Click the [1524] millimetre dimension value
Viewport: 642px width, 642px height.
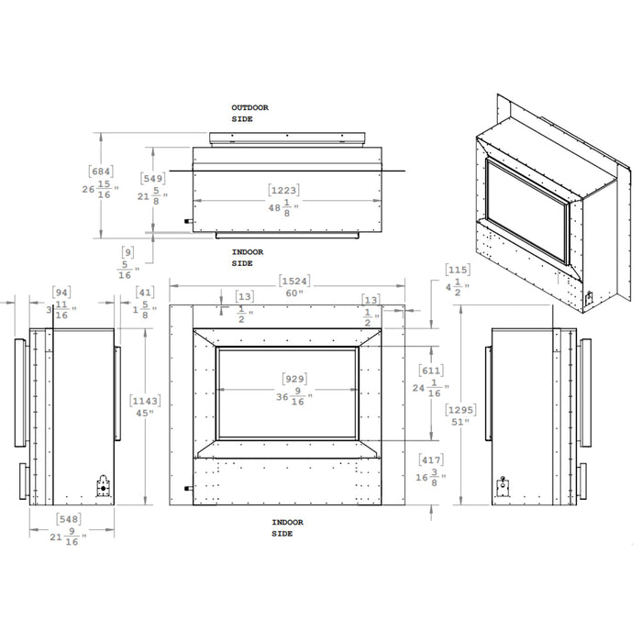tap(293, 281)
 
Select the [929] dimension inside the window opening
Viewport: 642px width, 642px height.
tap(294, 378)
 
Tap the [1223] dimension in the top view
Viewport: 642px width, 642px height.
tap(284, 190)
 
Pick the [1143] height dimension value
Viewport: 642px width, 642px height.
tap(146, 400)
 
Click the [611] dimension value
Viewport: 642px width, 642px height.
tap(430, 370)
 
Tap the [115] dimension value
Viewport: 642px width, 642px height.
tap(458, 270)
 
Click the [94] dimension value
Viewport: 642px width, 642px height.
tap(62, 293)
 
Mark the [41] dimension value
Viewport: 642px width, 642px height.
tap(144, 293)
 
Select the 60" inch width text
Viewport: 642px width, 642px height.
tap(293, 294)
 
